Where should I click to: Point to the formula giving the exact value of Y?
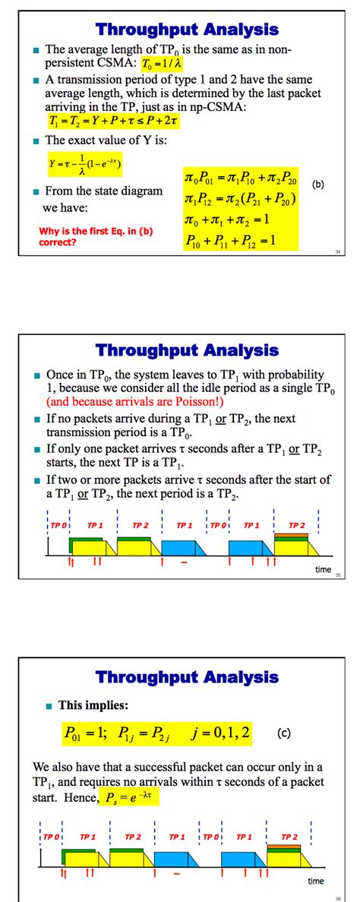84,163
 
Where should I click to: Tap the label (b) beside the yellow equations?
317,183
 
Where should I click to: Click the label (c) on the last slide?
283,734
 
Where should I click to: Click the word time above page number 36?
315,881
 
